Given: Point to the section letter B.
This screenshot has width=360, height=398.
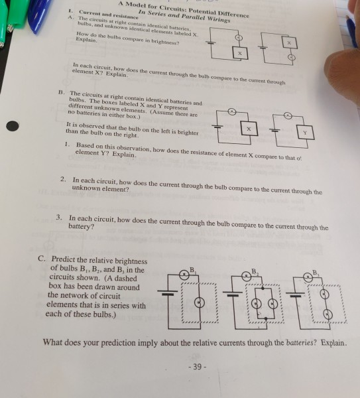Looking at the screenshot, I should click(x=60, y=92).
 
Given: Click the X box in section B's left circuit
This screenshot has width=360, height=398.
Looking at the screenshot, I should click(x=249, y=125).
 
